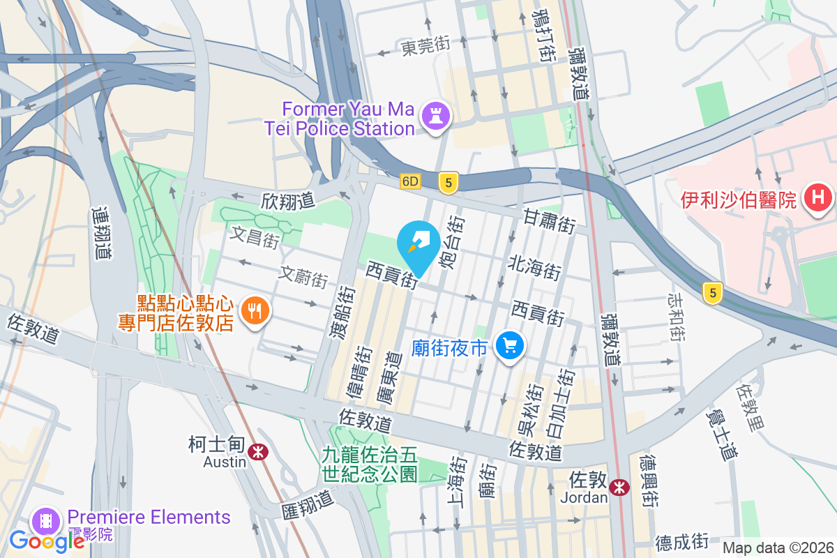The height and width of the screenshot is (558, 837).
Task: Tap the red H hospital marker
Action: (x=817, y=199)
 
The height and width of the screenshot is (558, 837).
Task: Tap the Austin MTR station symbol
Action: (x=259, y=451)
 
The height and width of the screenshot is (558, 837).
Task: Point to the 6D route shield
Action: (x=411, y=181)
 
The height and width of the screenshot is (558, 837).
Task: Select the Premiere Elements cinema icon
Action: (x=46, y=520)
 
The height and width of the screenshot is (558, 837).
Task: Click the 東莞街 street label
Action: (x=425, y=47)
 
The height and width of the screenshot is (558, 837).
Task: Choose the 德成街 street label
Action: (x=682, y=541)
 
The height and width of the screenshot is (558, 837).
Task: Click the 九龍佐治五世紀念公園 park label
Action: (x=370, y=465)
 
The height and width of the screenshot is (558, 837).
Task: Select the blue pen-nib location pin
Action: (x=418, y=243)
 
